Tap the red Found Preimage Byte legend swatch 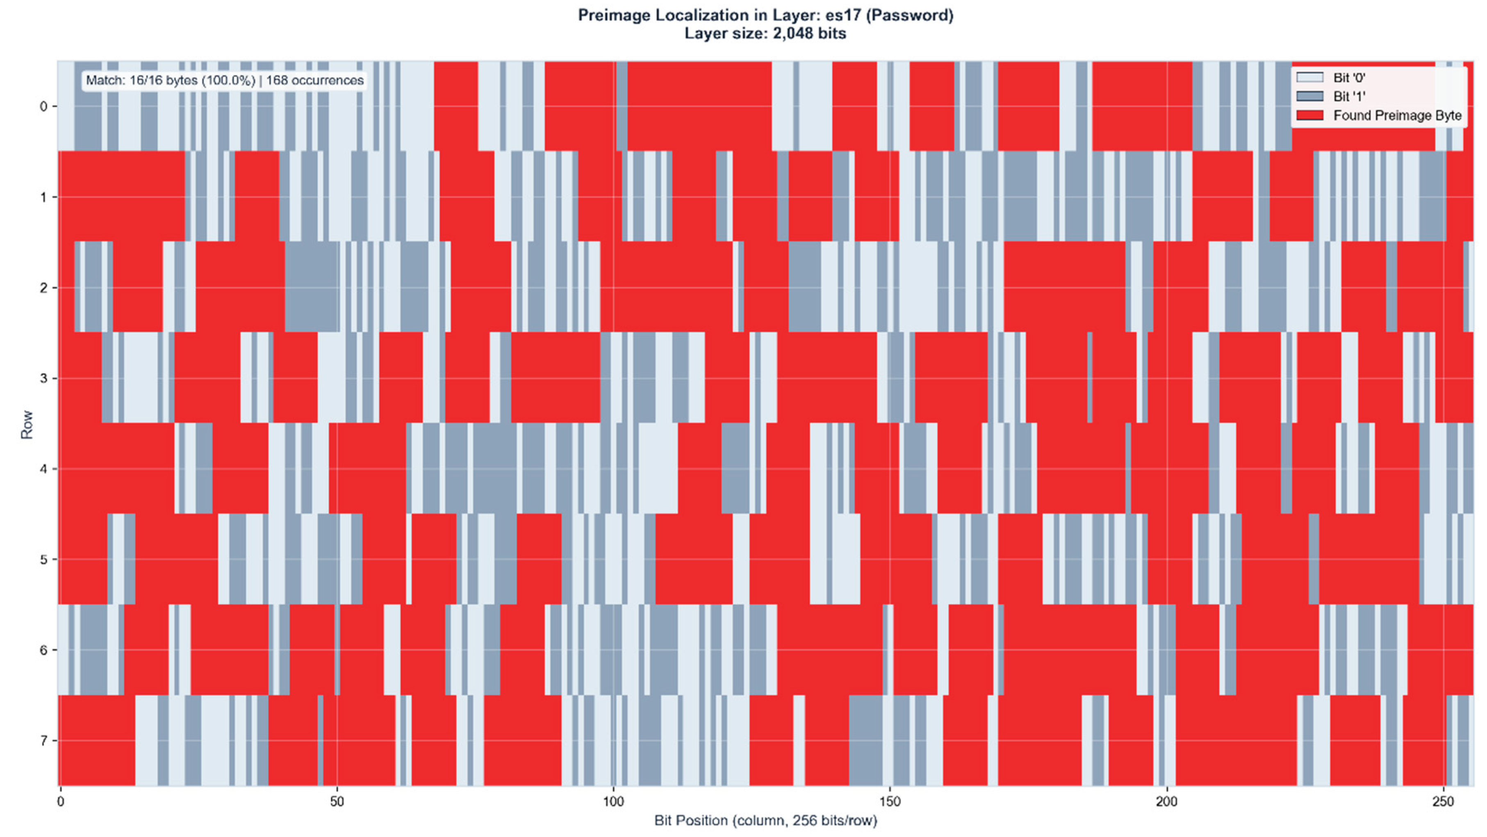(x=1309, y=115)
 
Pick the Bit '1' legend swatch (x=1309, y=96)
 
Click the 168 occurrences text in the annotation (x=314, y=80)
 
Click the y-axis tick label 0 (x=43, y=106)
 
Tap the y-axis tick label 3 (x=43, y=378)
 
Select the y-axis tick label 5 (x=43, y=559)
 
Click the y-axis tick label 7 (x=43, y=741)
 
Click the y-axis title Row (x=27, y=425)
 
